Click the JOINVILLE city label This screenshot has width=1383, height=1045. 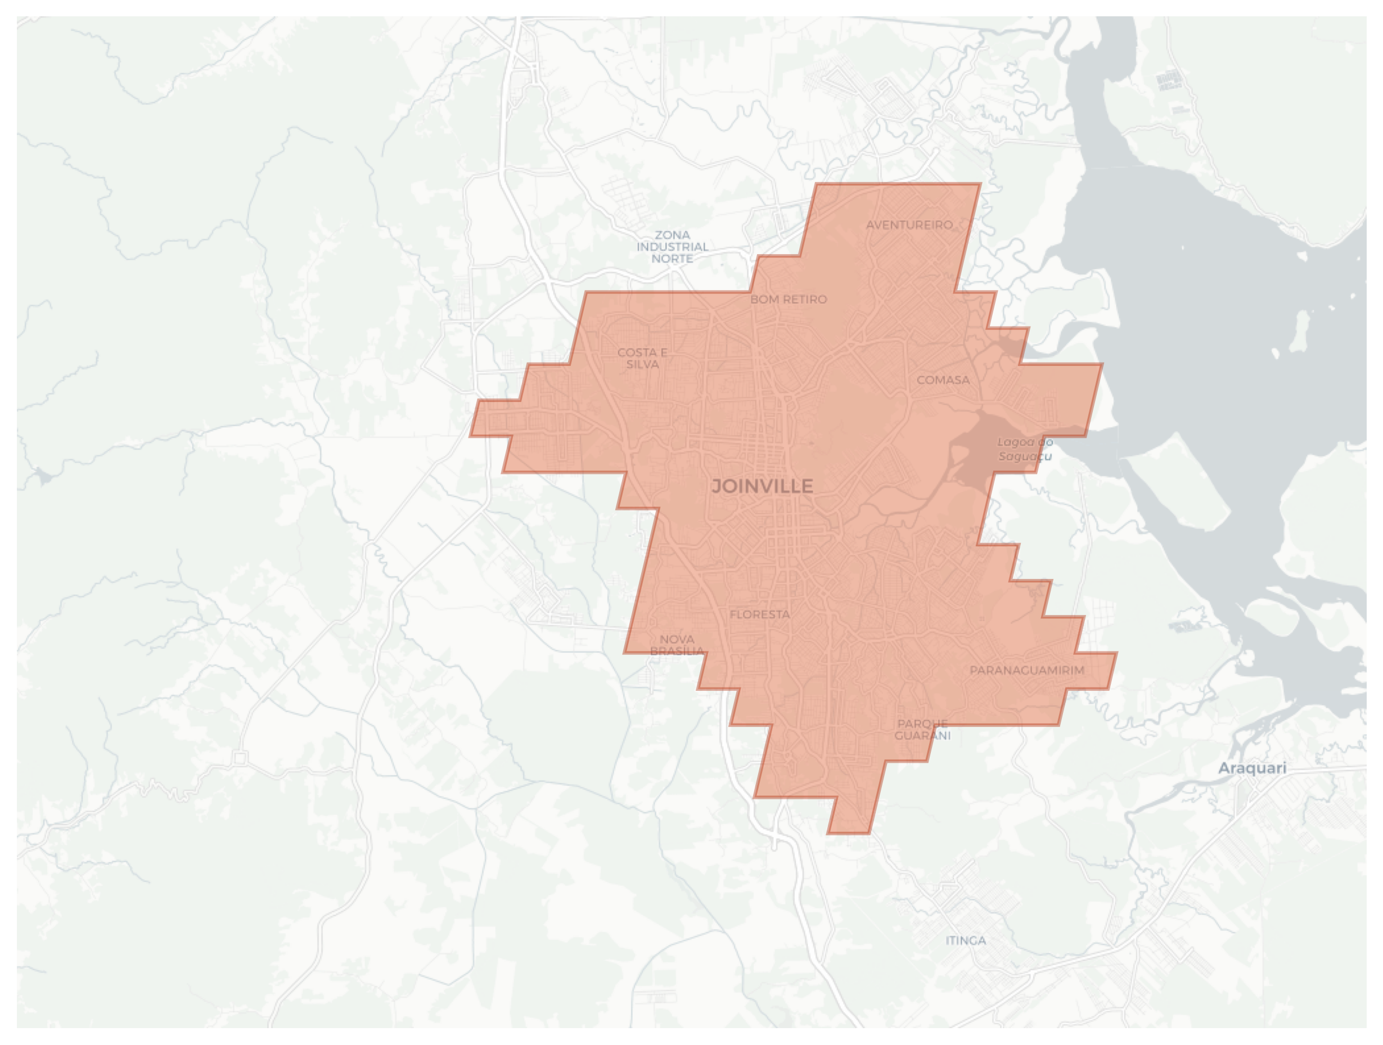click(762, 486)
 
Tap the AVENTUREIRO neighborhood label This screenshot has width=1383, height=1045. click(909, 225)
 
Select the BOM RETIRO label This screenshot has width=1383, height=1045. click(789, 300)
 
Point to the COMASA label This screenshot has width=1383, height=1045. click(943, 380)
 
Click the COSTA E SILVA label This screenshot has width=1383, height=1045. click(642, 358)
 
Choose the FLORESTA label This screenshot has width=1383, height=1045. click(760, 614)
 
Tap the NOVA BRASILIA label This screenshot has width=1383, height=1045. click(677, 645)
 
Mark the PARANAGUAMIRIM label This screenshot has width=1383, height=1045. click(1026, 670)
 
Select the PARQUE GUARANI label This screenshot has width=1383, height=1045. click(922, 730)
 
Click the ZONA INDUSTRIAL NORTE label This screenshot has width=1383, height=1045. click(672, 247)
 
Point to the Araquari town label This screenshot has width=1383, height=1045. click(1253, 768)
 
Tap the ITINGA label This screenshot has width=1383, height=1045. click(966, 940)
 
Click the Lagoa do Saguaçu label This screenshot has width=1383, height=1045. click(1025, 449)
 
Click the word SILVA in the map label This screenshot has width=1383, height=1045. click(643, 364)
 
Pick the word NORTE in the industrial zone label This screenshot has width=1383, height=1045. click(672, 259)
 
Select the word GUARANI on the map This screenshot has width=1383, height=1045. click(922, 736)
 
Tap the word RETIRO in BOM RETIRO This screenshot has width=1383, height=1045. click(802, 300)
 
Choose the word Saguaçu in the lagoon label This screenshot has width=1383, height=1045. click(1025, 456)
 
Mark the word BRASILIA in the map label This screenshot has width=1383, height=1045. click(677, 652)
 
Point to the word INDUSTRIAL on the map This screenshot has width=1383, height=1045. click(672, 247)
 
